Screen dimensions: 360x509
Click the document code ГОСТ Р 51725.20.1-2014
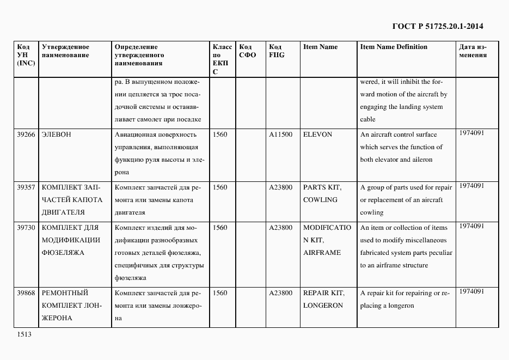[x=437, y=26]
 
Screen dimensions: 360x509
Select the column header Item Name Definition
[x=394, y=47]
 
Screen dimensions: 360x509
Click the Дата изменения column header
[x=473, y=51]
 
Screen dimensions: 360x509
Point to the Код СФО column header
[x=247, y=51]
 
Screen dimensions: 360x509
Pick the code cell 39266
[x=26, y=135]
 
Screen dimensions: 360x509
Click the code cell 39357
[x=26, y=187]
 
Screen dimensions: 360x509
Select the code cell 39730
[x=26, y=228]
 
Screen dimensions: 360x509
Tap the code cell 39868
[x=26, y=293]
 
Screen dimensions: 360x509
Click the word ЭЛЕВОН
[x=57, y=135]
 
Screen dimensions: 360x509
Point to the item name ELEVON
[x=317, y=135]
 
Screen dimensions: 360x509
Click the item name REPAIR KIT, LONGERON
[x=323, y=299]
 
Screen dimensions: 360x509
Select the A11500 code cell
[x=280, y=135]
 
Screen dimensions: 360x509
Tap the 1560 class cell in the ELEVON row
[x=220, y=135]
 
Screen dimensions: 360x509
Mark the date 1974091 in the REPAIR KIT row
[x=471, y=292]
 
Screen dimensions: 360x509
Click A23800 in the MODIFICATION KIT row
[x=280, y=228]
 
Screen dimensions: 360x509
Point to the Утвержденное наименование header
[x=65, y=51]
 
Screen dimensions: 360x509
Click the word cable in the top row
[x=367, y=120]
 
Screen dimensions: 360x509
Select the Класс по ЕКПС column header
[x=222, y=59]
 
